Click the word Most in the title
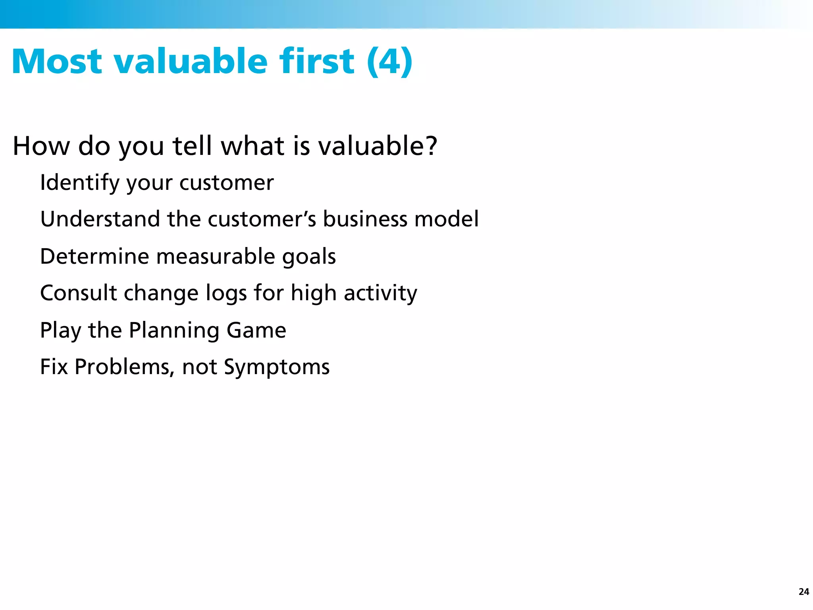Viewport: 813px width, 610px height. [x=57, y=62]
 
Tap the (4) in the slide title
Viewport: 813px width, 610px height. [x=389, y=62]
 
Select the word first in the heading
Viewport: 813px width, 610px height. [x=316, y=62]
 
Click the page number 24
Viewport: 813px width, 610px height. [x=803, y=592]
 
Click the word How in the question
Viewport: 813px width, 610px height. [x=41, y=146]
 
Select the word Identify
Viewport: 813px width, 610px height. [x=80, y=183]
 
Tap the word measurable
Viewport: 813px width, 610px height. [x=216, y=256]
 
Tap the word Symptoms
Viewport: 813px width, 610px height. [x=277, y=367]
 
